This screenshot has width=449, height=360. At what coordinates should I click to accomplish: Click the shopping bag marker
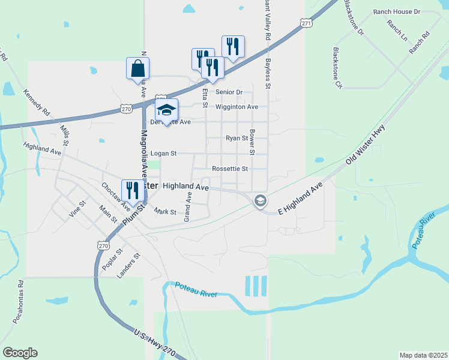(x=137, y=68)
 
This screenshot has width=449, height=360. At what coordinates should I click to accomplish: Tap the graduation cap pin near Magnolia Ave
(x=166, y=110)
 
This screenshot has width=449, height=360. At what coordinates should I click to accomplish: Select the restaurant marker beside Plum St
(x=133, y=191)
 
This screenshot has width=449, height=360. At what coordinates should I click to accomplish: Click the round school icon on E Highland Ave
(x=260, y=200)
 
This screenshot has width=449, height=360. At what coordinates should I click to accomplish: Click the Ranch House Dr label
(x=397, y=11)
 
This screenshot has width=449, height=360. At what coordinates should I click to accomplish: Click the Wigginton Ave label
(x=237, y=107)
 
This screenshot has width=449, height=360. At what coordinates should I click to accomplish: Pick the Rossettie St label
(x=230, y=169)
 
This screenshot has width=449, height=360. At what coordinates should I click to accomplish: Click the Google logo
(x=20, y=353)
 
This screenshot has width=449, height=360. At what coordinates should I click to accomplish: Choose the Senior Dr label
(x=229, y=92)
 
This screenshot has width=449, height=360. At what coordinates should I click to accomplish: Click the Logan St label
(x=163, y=154)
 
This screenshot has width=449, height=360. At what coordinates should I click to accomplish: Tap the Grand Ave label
(x=187, y=206)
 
